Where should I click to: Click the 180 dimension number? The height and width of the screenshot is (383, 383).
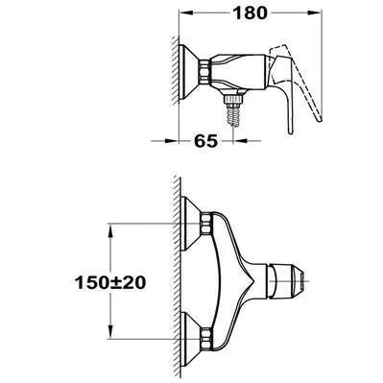[x=250, y=13]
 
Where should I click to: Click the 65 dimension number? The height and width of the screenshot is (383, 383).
[x=205, y=141]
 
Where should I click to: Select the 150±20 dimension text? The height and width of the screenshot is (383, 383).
[x=110, y=282]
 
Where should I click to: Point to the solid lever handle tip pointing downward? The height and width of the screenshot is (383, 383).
[x=290, y=132]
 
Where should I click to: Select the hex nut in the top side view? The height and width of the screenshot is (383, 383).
[x=204, y=73]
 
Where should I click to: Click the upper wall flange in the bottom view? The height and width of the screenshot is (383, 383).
[x=190, y=223]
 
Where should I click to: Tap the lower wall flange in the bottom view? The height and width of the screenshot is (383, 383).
[x=190, y=339]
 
